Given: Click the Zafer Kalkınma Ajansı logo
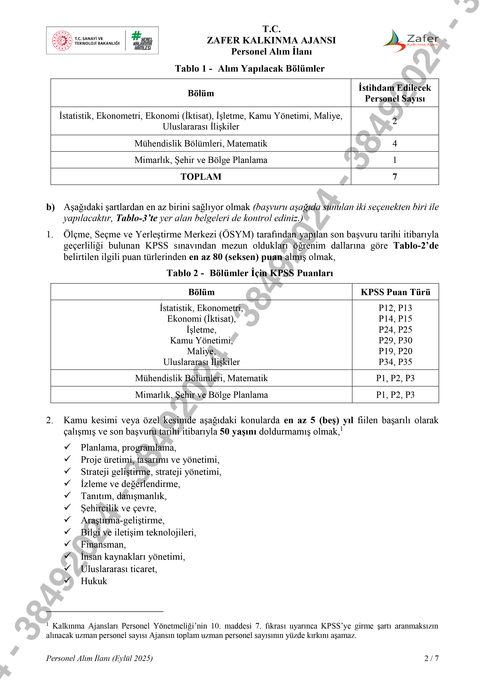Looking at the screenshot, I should pos(411,41).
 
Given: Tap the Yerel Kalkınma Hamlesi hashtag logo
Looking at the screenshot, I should pos(142,40).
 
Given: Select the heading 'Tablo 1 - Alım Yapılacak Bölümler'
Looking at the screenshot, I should pos(249,69).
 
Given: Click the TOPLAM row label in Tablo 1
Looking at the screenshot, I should pos(201,177).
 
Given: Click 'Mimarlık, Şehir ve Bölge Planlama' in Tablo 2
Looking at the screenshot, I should pos(201,395).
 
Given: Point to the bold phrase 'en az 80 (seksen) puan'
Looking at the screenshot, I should pos(235,257).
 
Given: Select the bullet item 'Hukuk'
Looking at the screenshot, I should pos(94,581).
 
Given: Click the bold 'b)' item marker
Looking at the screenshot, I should pos(50,207).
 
